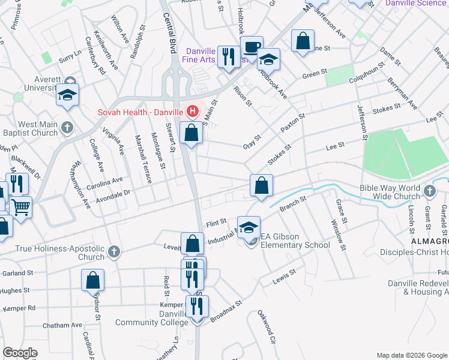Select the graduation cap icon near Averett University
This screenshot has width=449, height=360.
point(68,95)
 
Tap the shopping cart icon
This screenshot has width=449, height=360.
point(20,208)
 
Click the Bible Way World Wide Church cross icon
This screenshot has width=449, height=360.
point(429,191)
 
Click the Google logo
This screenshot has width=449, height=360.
point(20,353)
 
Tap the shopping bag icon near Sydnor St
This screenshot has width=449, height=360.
point(93,280)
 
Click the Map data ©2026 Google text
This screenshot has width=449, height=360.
point(411,355)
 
